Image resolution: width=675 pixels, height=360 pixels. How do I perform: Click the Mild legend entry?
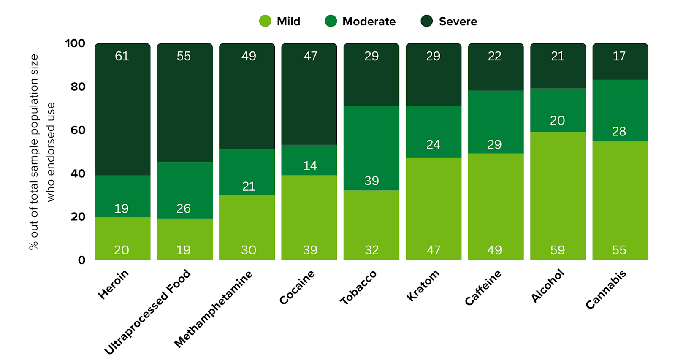[280, 21]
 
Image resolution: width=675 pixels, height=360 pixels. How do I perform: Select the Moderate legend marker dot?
[331, 21]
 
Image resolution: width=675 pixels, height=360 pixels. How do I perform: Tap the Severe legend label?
[458, 22]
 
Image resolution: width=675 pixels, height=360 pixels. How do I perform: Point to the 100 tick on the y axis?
[75, 43]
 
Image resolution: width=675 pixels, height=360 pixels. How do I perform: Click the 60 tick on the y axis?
[78, 130]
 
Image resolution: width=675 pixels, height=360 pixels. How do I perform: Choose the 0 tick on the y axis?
[81, 260]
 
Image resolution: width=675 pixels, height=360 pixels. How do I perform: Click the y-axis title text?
[42, 152]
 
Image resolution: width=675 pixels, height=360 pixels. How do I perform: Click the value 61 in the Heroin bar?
[122, 56]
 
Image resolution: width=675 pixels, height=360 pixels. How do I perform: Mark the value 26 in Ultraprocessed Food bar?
[184, 208]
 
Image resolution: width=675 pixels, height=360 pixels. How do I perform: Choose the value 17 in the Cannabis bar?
[619, 56]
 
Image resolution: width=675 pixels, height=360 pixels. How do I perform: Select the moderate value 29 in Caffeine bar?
[495, 145]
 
